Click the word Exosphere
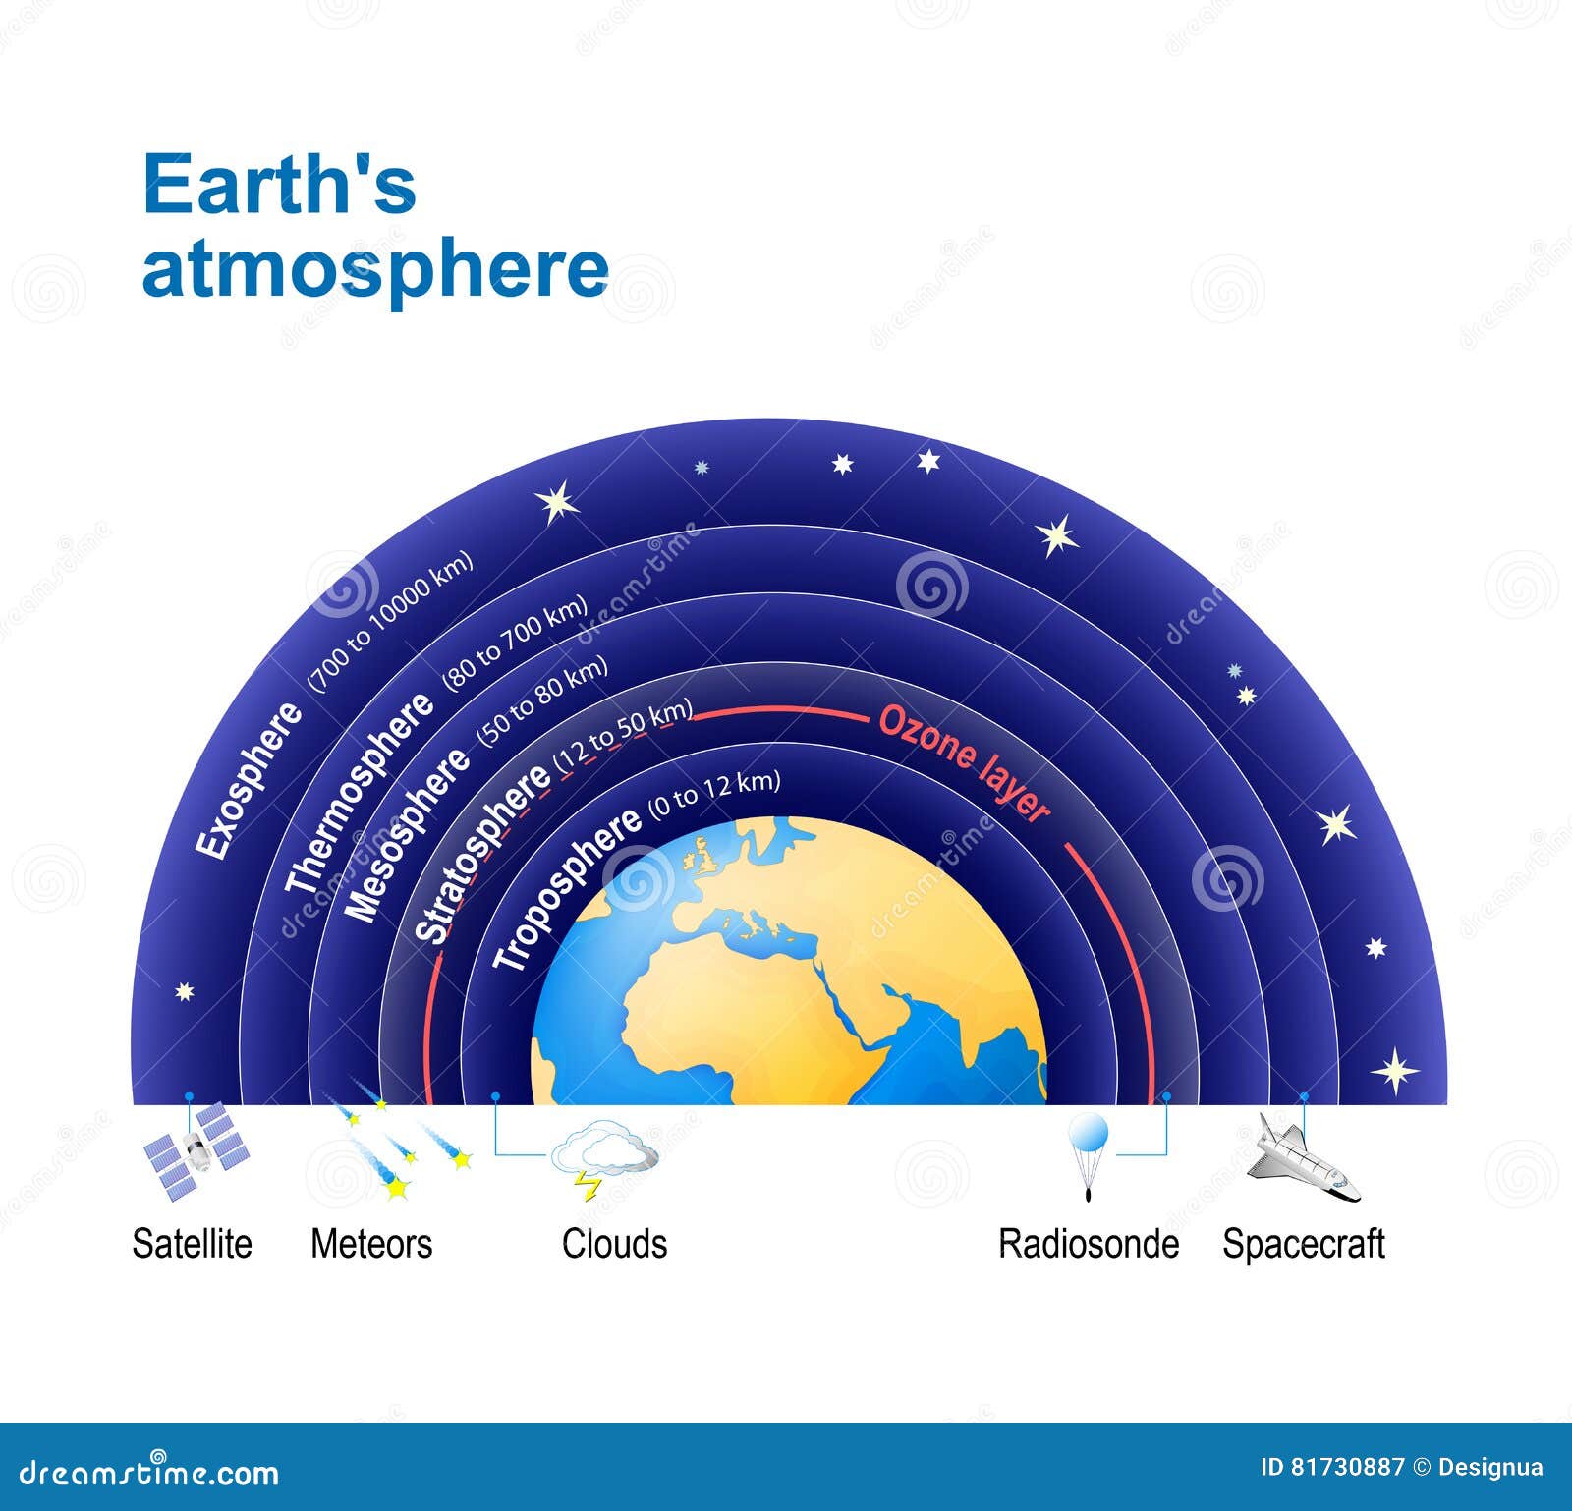[250, 782]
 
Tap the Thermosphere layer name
[359, 794]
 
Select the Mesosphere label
[407, 836]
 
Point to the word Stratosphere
[482, 853]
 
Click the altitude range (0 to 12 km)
[714, 797]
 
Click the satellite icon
[196, 1150]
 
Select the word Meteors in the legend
[371, 1244]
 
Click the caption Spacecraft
[1303, 1244]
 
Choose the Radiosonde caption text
[1089, 1244]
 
